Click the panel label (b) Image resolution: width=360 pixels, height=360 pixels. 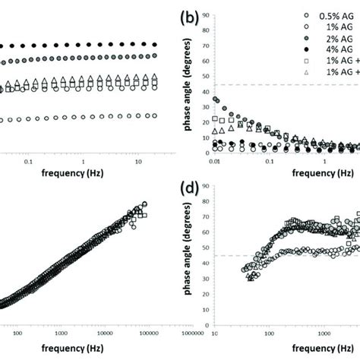tap(189, 16)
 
